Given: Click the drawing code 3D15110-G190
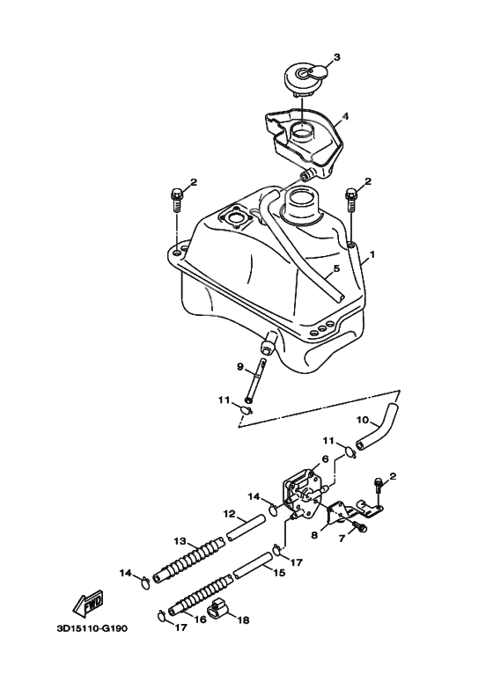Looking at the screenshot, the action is tap(92, 629).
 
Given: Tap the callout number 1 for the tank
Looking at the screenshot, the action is tap(372, 254).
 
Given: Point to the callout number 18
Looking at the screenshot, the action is tap(244, 620).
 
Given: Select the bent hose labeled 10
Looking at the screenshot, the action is tap(375, 430).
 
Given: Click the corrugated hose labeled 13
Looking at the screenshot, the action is tap(187, 560).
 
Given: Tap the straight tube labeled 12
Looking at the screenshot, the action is tap(246, 528).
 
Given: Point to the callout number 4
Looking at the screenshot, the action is tap(345, 117).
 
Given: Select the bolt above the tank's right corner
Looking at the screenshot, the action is tap(351, 200).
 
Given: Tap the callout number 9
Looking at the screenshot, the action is tap(240, 367).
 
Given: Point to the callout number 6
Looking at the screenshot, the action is tap(326, 459).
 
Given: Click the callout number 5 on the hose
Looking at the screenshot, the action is tap(336, 268).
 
